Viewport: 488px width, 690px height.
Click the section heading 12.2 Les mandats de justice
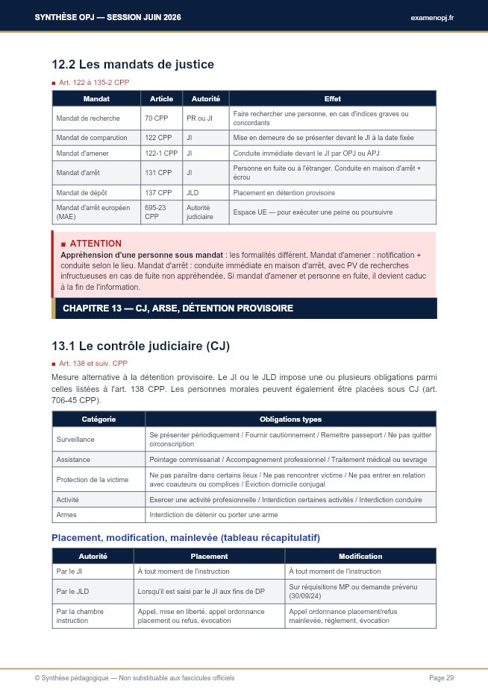point(132,65)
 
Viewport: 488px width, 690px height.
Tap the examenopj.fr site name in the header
point(432,17)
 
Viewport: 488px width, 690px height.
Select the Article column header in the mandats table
point(161,98)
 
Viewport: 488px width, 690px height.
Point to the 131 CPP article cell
point(157,173)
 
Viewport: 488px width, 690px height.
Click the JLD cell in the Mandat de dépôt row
point(193,193)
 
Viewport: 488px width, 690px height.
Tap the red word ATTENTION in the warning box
point(96,244)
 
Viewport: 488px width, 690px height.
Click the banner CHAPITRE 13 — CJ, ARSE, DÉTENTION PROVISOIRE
point(178,308)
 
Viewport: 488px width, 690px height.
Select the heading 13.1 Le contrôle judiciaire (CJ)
point(140,346)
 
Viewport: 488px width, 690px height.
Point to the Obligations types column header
point(290,420)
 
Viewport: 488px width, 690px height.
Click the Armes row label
point(66,515)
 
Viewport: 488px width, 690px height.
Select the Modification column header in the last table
point(360,556)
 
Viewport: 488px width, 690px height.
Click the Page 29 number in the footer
point(441,677)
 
